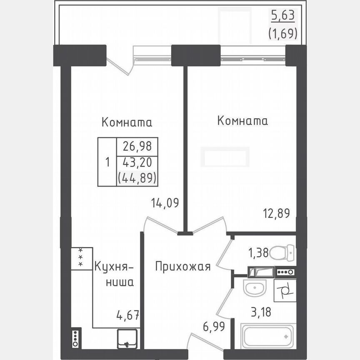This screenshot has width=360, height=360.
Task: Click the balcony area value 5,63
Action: (x=283, y=15)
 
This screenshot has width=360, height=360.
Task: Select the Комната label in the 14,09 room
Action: (x=127, y=122)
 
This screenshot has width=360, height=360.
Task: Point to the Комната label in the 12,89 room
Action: (x=242, y=121)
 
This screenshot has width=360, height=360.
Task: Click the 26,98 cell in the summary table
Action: (x=137, y=146)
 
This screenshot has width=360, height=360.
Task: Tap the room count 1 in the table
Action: (x=107, y=162)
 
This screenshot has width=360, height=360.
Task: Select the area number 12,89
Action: (x=277, y=213)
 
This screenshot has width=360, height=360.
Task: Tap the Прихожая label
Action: (x=183, y=266)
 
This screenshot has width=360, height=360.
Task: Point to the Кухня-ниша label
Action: (x=114, y=274)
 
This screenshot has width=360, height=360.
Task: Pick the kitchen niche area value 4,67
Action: (x=128, y=313)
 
